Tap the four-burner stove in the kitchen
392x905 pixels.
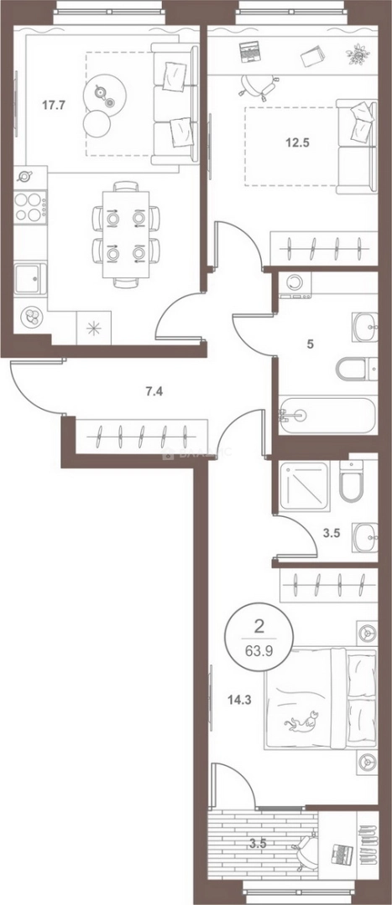31,206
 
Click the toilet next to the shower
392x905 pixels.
351,484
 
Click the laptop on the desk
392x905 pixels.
249,52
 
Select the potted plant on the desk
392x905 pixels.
358,55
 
